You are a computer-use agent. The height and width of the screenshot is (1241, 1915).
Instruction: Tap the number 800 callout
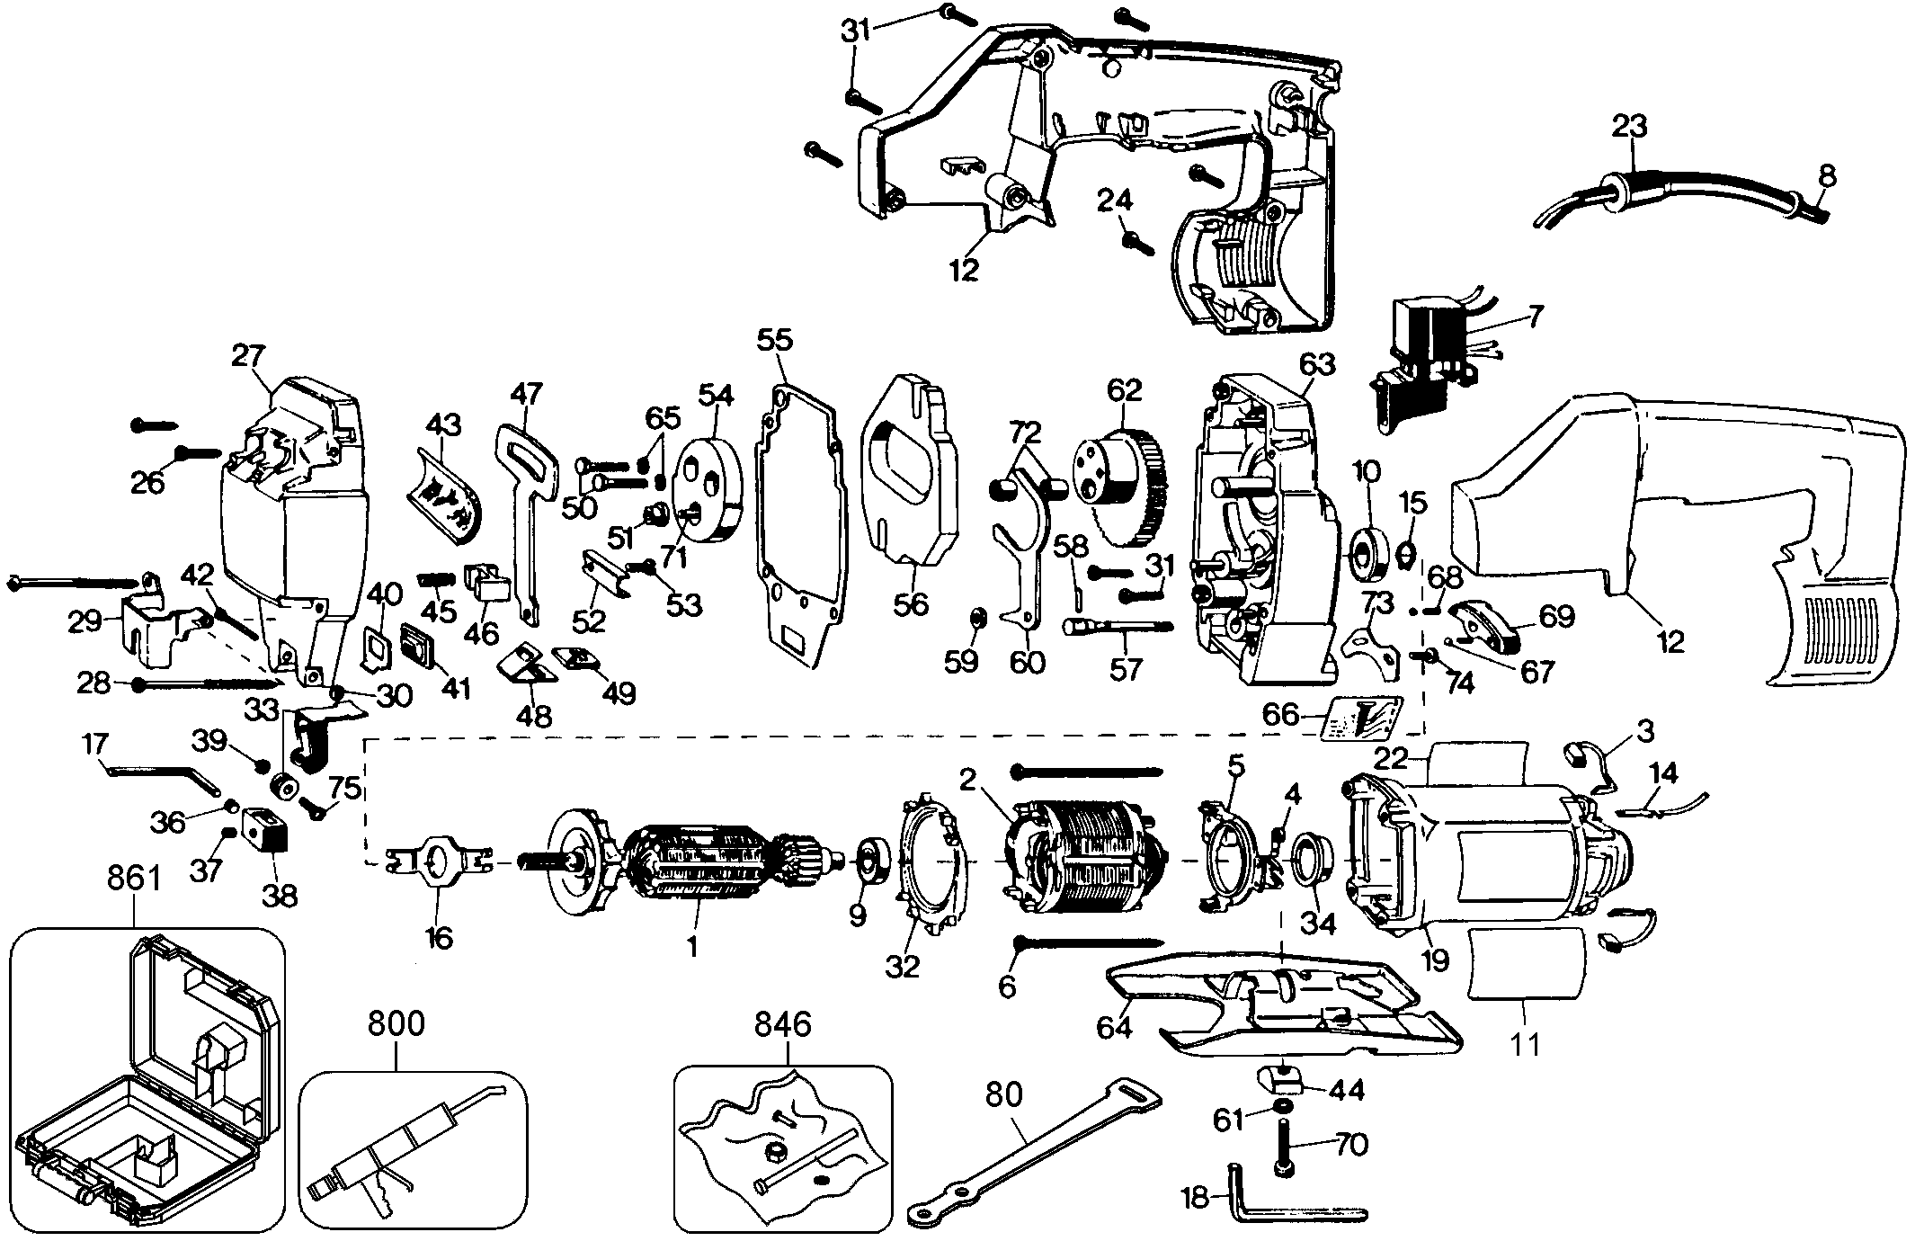[396, 1024]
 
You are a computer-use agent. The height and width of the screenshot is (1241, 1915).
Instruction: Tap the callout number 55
[775, 340]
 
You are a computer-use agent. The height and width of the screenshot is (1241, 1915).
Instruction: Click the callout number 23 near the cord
[1628, 126]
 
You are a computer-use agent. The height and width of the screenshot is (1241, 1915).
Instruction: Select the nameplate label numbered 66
[1365, 719]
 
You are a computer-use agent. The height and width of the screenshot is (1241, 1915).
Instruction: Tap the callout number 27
[249, 357]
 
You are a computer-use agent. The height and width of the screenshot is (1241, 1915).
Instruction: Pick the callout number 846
[782, 1024]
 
